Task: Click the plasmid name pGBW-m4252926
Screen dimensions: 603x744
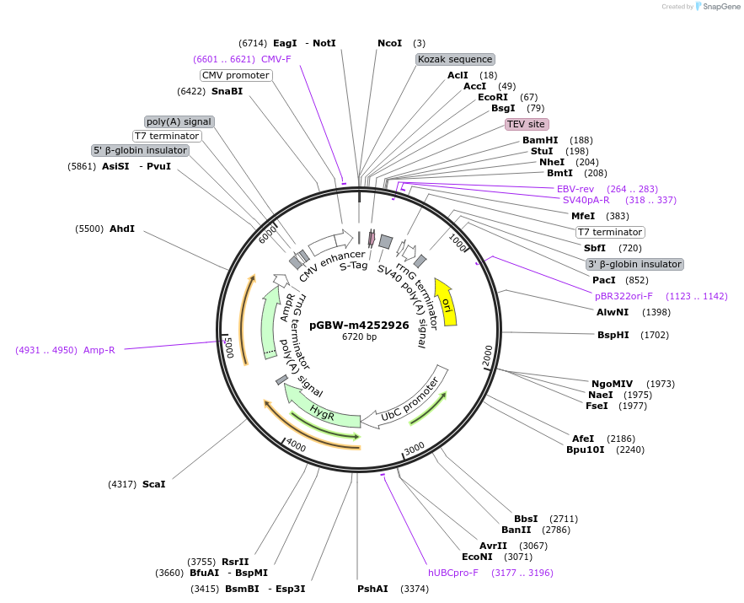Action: (x=359, y=325)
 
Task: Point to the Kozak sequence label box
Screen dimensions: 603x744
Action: (x=455, y=59)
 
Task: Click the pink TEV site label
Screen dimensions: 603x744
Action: (x=525, y=124)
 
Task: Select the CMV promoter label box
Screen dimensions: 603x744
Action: (x=236, y=75)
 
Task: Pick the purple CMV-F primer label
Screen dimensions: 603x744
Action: (x=276, y=59)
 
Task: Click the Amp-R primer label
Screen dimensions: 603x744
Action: (x=99, y=350)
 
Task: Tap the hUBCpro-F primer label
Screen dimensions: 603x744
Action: (x=453, y=573)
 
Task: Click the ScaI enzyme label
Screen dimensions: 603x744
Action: (x=153, y=484)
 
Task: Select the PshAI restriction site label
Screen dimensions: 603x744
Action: (x=372, y=589)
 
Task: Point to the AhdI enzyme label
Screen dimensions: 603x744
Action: (x=121, y=229)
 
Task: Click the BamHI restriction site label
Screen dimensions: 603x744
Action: (x=540, y=140)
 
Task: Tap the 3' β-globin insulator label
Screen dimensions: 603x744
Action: (x=634, y=264)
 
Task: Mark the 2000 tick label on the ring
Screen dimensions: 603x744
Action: (x=488, y=355)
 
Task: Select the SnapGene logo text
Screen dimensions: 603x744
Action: (x=721, y=6)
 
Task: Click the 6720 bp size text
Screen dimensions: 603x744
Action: (x=359, y=336)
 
